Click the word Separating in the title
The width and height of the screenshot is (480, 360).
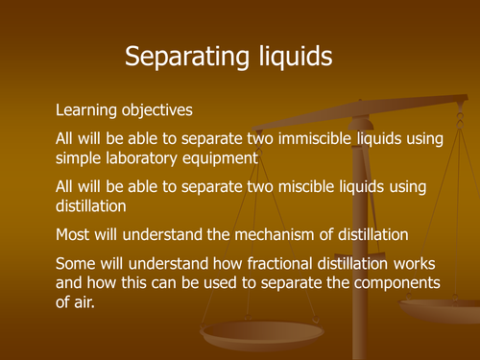[x=183, y=58]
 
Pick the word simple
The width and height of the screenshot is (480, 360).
[x=81, y=158]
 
